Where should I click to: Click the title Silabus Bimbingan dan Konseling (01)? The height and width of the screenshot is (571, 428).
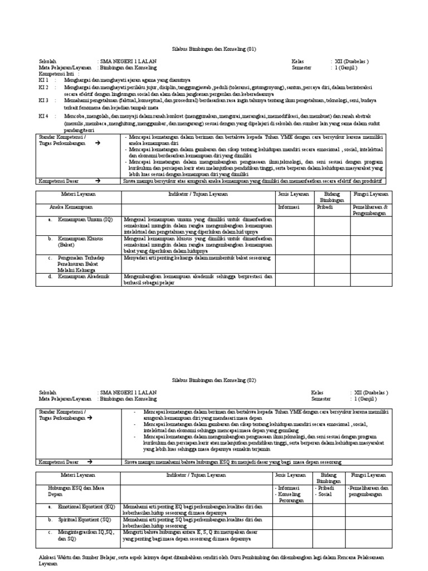(213, 49)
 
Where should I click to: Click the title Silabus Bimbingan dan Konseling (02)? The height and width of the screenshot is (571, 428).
(213, 380)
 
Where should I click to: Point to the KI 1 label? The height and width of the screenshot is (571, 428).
(43, 80)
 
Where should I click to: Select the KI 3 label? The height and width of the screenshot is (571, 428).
(43, 100)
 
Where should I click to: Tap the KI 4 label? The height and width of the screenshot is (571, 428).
(43, 116)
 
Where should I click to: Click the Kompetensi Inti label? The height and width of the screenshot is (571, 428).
(59, 74)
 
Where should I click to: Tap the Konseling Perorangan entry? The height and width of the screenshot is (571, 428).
(290, 497)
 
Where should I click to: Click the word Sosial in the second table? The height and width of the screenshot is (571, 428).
(325, 494)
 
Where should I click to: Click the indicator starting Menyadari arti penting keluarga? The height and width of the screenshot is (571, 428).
(197, 258)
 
